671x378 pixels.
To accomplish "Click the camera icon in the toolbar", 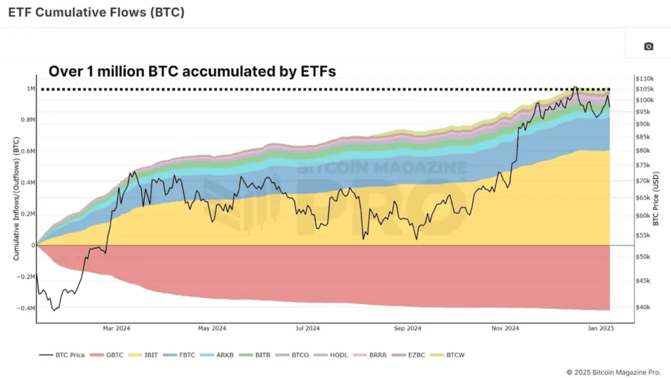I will pos(648,46).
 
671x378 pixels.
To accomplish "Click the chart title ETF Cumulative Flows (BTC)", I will pos(96,12).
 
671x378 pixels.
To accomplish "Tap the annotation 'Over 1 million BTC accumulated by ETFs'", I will pos(193,72).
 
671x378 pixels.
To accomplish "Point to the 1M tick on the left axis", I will pos(31,89).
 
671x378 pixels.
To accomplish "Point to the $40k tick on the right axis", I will pos(643,306).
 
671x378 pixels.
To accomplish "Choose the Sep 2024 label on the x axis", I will pos(407,328).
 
